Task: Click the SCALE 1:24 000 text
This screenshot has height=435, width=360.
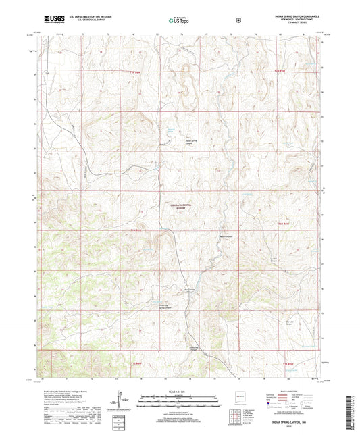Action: click(179, 391)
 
